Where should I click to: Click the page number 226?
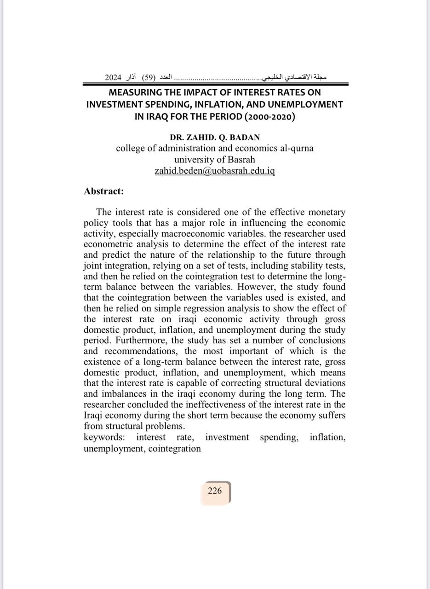[215, 491]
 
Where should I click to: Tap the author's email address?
[215, 171]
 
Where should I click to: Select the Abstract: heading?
[104, 191]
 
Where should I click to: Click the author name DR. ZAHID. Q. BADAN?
[215, 138]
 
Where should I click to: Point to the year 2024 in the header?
[113, 77]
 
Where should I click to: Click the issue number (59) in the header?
[149, 77]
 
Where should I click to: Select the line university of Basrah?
[215, 160]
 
